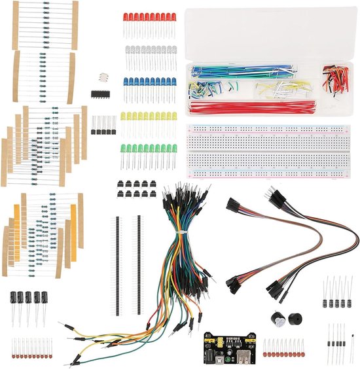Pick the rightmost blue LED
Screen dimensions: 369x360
[x=173, y=82]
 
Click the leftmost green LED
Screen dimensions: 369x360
[x=124, y=149]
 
